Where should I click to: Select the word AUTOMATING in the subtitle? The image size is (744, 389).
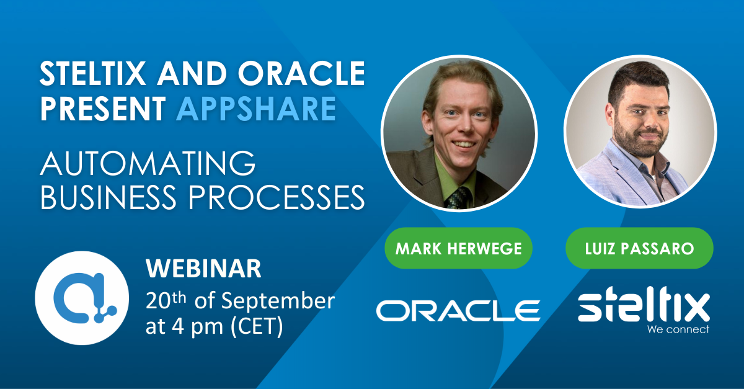[x=148, y=164]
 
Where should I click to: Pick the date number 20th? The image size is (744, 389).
[x=166, y=300]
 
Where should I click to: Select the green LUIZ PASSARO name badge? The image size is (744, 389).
[x=639, y=249]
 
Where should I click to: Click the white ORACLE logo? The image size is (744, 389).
[x=458, y=310]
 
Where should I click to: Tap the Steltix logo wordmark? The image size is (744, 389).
[x=644, y=307]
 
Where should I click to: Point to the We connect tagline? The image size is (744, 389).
[x=678, y=329]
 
